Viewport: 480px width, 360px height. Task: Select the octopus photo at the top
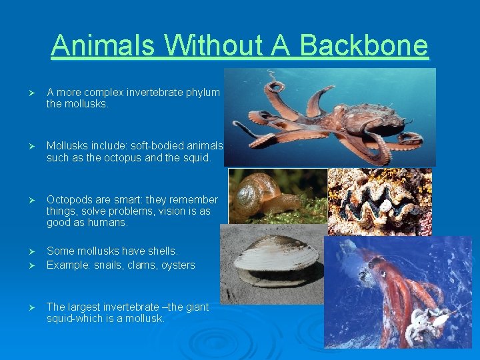click(x=330, y=117)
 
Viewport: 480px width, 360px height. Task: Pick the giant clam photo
click(x=379, y=201)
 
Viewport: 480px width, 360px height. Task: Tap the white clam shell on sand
click(x=276, y=256)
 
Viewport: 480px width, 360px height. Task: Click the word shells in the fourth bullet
click(x=162, y=251)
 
